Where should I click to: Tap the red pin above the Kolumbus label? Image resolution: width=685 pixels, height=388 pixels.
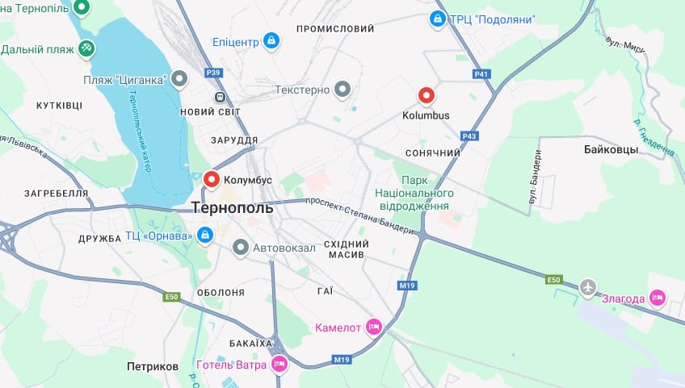tap(426, 96)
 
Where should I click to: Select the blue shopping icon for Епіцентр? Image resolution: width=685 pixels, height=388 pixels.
tap(271, 40)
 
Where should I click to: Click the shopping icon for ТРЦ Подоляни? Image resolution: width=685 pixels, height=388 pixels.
tap(437, 18)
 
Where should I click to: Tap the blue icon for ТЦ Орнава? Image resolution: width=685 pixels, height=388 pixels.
tap(205, 236)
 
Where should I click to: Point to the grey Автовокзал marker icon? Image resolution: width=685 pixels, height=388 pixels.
tap(240, 248)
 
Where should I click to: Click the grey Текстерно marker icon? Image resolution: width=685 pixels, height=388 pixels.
tap(343, 90)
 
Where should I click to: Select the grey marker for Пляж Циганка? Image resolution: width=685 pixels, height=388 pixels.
tap(179, 78)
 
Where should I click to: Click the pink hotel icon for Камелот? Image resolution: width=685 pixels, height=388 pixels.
tap(373, 327)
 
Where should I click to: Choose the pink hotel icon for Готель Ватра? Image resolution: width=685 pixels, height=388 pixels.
tap(279, 364)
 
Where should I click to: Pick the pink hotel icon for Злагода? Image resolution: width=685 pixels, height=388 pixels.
tap(658, 298)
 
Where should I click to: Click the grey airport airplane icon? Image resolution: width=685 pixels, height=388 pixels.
tap(589, 286)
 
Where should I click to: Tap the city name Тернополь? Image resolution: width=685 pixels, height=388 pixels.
tap(233, 208)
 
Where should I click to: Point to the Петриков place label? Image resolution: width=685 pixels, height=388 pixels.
tap(153, 366)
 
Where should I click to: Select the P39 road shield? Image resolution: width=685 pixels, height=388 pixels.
tap(213, 73)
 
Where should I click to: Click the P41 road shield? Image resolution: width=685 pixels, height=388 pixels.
tap(481, 74)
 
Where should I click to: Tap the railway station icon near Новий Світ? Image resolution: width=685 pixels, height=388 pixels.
tap(219, 96)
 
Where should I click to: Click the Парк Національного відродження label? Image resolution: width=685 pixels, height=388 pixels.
tap(414, 194)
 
